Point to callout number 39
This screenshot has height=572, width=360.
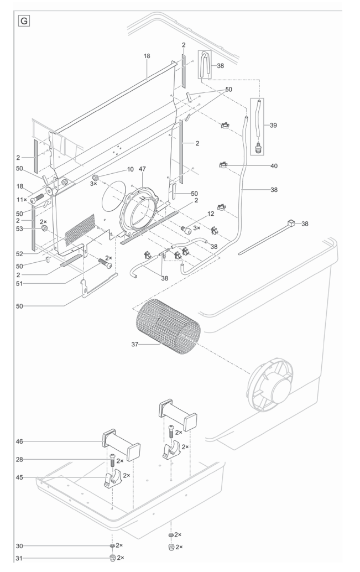[x=273, y=126]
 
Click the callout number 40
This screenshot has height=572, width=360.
[x=273, y=165]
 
